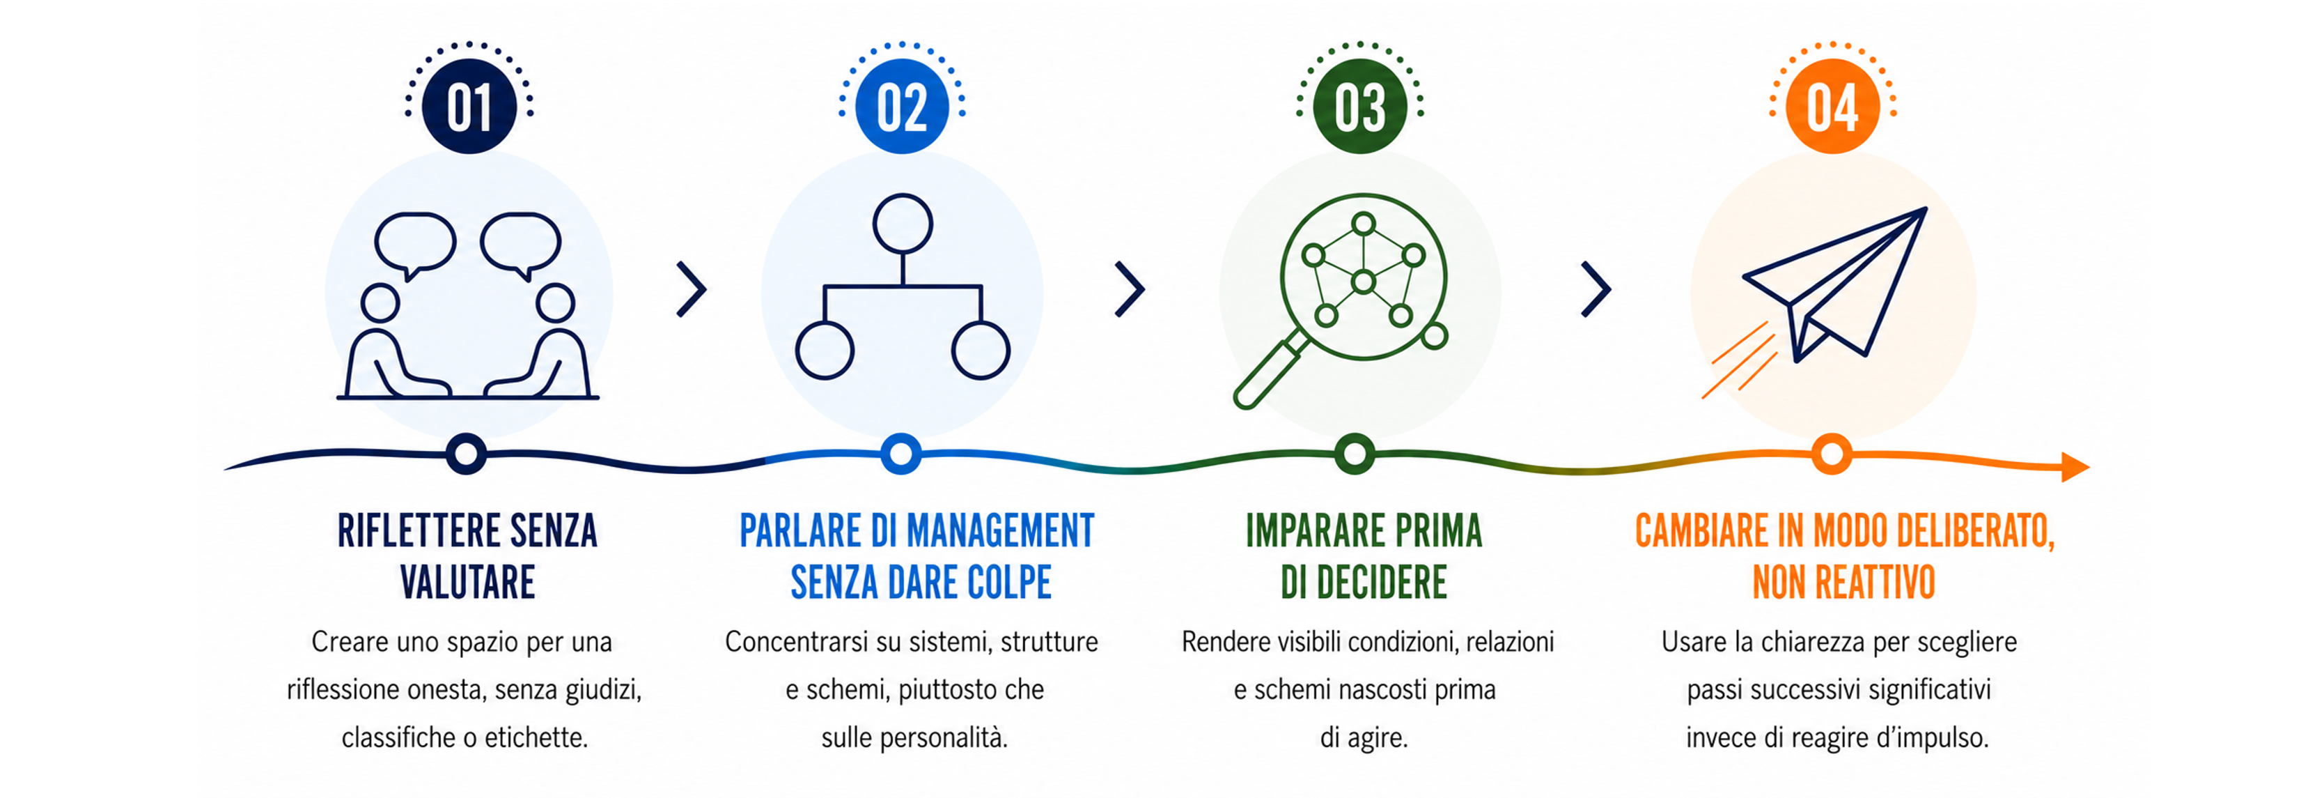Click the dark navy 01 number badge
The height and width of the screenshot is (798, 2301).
(x=469, y=107)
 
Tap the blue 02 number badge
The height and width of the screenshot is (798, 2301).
(x=902, y=107)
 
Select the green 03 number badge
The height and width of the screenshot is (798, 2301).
(x=1359, y=107)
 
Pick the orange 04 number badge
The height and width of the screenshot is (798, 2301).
(x=1832, y=107)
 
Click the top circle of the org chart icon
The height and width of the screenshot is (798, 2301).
(x=902, y=224)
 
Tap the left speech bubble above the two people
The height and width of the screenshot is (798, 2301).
(x=415, y=244)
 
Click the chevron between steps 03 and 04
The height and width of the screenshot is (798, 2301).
(x=1596, y=289)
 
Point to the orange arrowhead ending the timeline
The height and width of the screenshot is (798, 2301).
(x=2075, y=466)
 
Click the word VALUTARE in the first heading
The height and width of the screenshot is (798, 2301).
(x=468, y=583)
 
